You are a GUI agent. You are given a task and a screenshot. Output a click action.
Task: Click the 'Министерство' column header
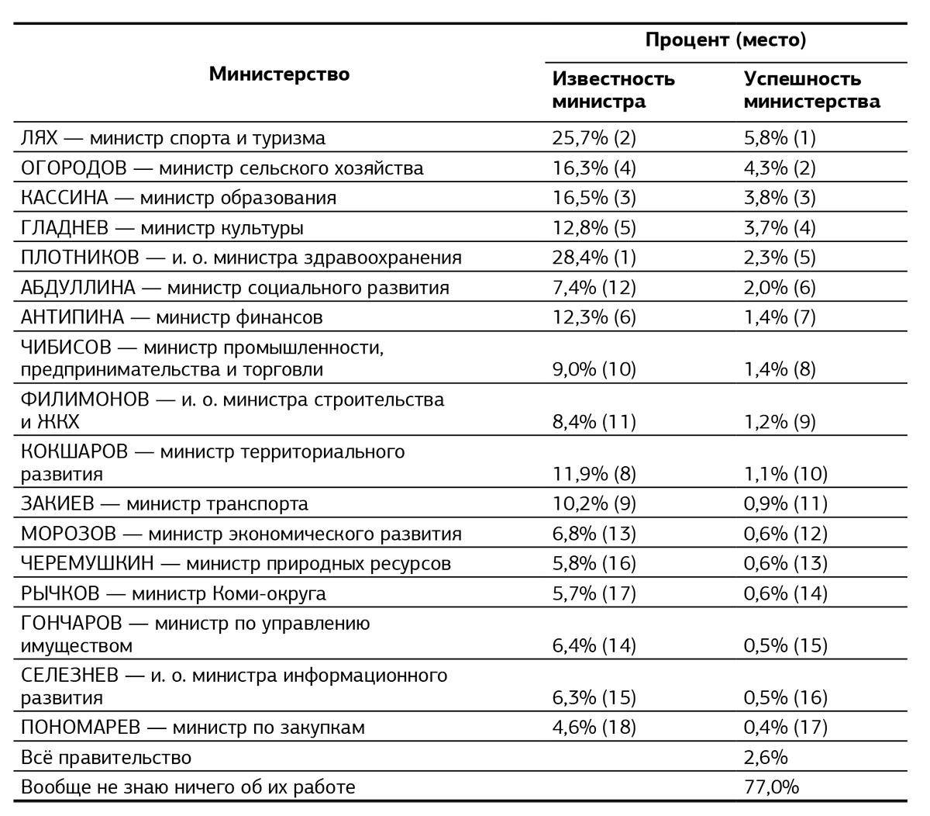279,74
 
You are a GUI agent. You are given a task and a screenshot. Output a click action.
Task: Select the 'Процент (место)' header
725,40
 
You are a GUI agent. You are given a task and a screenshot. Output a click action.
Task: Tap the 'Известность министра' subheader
613,90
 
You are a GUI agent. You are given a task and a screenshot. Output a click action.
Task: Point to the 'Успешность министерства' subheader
811,90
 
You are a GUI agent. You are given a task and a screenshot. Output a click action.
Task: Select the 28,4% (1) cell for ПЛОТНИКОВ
594,258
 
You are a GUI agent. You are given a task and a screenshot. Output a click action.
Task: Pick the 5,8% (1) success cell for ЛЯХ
780,139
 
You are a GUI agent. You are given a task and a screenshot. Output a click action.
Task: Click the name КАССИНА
64,198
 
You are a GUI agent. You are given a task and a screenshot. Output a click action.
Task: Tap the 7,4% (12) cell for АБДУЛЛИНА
594,288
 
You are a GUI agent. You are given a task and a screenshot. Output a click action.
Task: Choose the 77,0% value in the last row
771,787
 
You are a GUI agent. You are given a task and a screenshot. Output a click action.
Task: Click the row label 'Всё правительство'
106,757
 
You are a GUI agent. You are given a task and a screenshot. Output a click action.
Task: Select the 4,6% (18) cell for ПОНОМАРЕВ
594,728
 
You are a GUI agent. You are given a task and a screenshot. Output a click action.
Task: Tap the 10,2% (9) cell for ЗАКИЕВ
594,504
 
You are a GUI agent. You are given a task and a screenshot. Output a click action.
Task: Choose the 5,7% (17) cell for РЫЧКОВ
594,594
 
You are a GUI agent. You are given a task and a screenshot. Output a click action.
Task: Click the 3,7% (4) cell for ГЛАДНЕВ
780,228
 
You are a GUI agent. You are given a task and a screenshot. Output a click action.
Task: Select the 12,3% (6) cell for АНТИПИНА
594,317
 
